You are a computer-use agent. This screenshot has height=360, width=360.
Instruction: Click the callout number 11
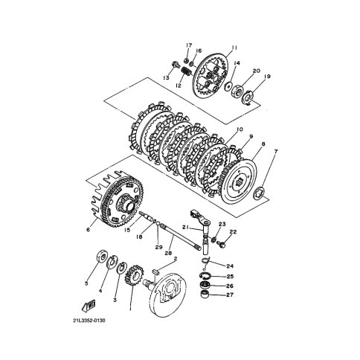234,48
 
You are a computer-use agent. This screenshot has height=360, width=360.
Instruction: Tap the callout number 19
267,77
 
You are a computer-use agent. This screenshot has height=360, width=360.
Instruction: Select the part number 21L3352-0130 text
89,321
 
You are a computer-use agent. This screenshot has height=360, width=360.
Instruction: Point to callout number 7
276,151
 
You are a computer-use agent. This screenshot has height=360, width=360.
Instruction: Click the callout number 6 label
89,230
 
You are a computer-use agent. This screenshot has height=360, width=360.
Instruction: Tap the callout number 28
170,254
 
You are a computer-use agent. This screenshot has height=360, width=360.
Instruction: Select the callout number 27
230,295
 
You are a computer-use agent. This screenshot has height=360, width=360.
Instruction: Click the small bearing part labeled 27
205,295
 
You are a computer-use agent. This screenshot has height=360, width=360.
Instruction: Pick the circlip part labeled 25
205,275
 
